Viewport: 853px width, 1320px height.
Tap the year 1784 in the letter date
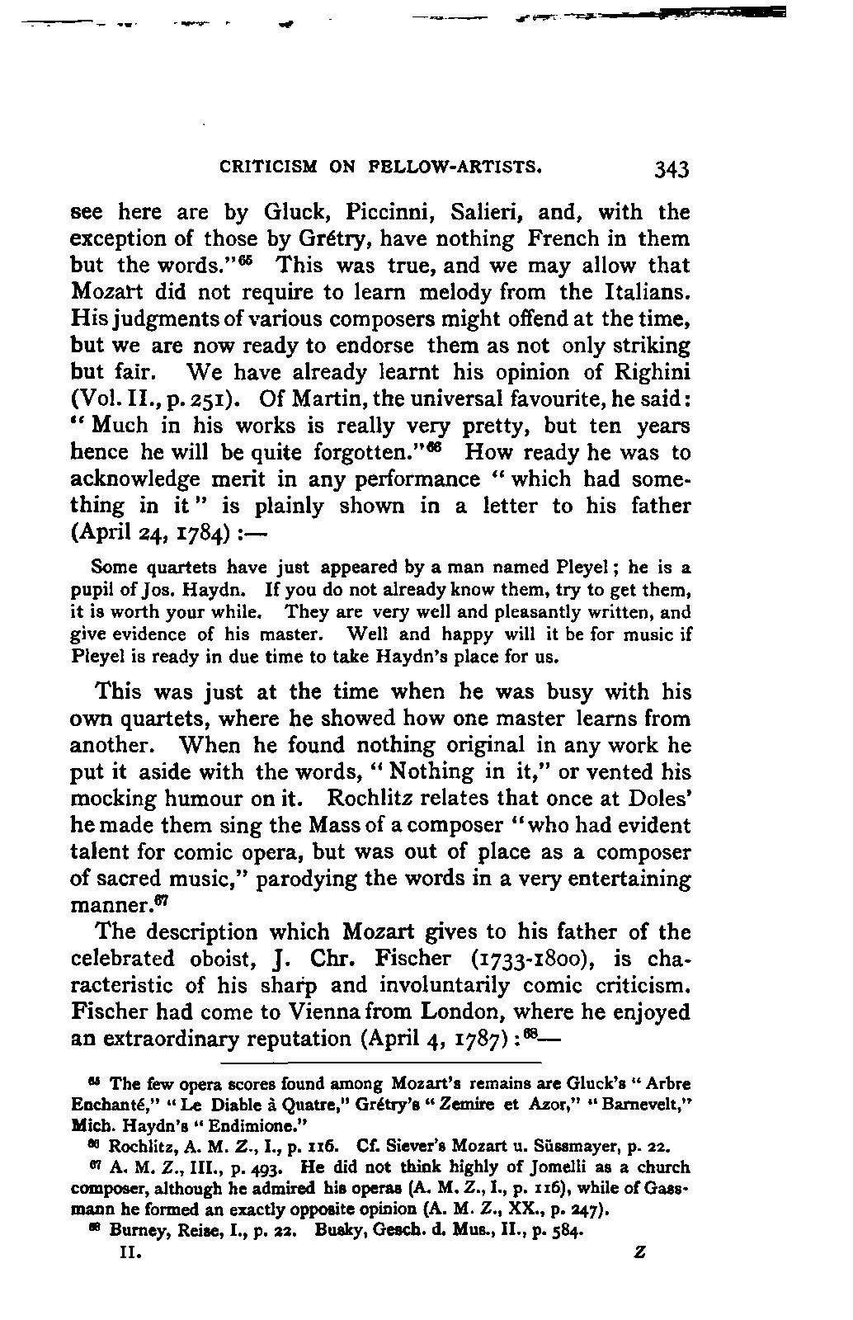click(x=196, y=533)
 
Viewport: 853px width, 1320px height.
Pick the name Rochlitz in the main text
click(x=379, y=799)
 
